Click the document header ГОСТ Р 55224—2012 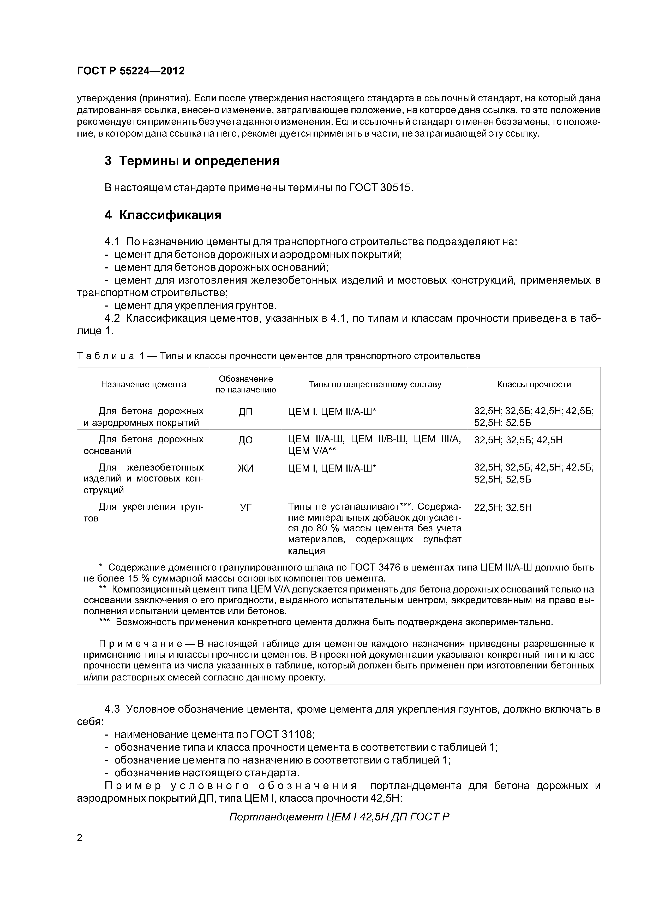pos(131,71)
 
